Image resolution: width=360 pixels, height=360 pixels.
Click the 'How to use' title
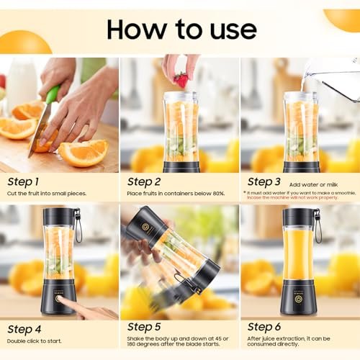(x=181, y=29)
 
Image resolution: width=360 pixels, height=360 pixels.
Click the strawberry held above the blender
(x=181, y=79)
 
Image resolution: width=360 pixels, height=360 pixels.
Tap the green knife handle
(x=52, y=94)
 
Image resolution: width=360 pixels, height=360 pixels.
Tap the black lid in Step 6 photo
(x=298, y=216)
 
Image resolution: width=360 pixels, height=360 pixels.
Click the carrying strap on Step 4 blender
(x=78, y=225)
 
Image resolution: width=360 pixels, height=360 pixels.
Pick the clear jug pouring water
(x=333, y=80)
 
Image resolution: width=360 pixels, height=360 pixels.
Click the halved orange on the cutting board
(x=84, y=152)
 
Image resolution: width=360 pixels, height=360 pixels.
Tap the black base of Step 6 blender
(x=298, y=297)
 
